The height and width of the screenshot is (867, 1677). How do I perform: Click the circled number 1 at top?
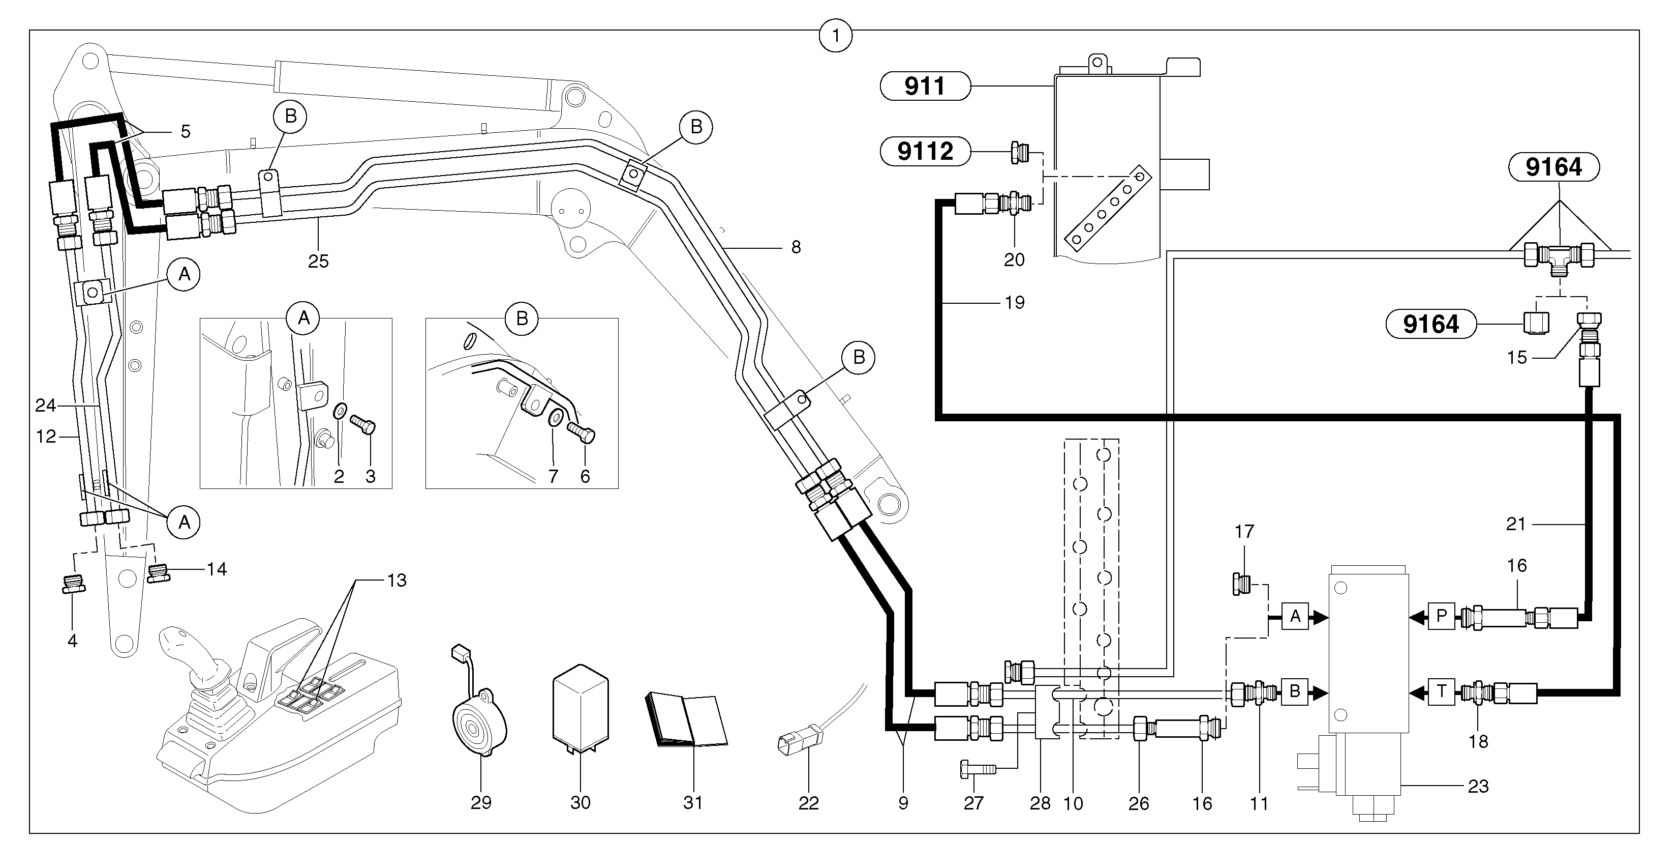pyautogui.click(x=835, y=35)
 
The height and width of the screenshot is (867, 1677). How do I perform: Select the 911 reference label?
pyautogui.click(x=925, y=86)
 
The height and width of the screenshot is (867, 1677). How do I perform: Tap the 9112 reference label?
pyautogui.click(x=925, y=151)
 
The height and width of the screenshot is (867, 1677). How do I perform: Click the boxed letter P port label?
pyautogui.click(x=1441, y=616)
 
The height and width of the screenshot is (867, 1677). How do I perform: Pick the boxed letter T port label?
pyautogui.click(x=1441, y=692)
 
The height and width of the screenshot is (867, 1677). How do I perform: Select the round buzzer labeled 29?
pyautogui.click(x=479, y=723)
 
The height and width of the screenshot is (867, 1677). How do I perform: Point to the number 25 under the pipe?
pyautogui.click(x=318, y=262)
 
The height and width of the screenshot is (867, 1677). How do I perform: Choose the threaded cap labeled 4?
pyautogui.click(x=74, y=584)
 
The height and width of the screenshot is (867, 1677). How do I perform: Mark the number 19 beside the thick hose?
pyautogui.click(x=1014, y=303)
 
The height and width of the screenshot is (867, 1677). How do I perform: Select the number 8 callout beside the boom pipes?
pyautogui.click(x=796, y=247)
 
